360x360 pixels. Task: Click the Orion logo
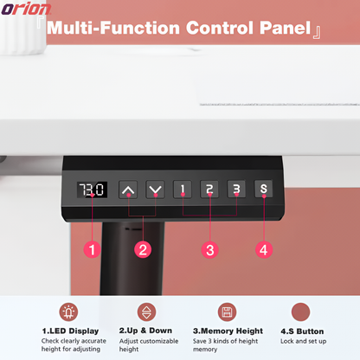[26, 9]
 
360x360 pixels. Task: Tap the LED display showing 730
[92, 190]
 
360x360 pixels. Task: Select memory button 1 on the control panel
[183, 190]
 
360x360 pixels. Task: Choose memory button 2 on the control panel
[209, 190]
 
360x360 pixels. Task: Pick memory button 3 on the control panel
[236, 189]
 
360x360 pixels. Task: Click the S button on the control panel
[263, 189]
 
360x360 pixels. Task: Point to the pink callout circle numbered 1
[92, 249]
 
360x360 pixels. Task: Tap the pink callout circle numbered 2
[143, 249]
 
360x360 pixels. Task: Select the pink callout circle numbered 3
[209, 250]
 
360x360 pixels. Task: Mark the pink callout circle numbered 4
[264, 249]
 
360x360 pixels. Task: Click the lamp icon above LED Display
[68, 312]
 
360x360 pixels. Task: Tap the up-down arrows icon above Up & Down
[146, 312]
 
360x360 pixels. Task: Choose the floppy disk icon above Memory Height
[227, 312]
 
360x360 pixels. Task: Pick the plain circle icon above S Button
[300, 312]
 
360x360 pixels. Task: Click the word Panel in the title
[286, 28]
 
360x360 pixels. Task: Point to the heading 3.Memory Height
[228, 331]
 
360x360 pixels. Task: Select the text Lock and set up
[304, 341]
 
